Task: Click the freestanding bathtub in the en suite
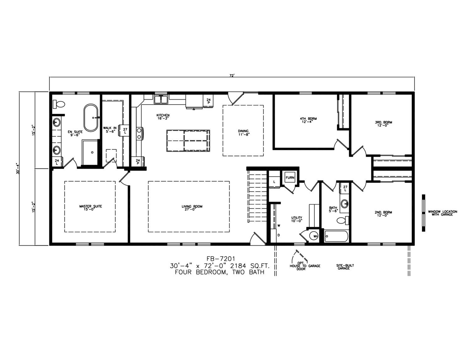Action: click(x=91, y=118)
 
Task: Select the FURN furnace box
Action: click(x=290, y=177)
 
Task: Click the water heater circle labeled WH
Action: click(x=313, y=236)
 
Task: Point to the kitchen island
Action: click(x=188, y=141)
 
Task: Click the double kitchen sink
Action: click(x=161, y=100)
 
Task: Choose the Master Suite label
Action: click(x=90, y=208)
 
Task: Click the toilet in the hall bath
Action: click(x=343, y=220)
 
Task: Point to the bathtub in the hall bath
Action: click(x=336, y=236)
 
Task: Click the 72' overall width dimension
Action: click(x=232, y=76)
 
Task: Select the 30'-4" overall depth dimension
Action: click(x=19, y=168)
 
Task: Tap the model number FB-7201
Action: click(x=221, y=259)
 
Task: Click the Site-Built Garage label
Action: click(x=344, y=267)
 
